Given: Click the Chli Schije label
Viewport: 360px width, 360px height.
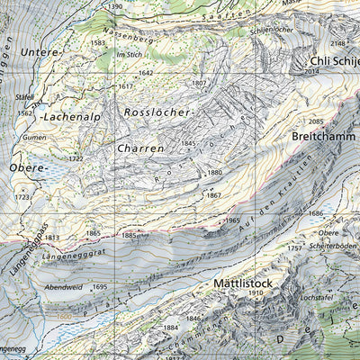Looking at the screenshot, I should (333, 60).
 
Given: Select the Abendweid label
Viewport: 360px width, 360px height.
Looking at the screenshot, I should (60, 288).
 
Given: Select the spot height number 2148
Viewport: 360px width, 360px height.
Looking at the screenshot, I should (337, 42).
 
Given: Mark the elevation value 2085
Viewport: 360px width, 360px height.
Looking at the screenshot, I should (315, 121).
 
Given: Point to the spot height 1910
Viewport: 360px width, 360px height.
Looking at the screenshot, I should (256, 293).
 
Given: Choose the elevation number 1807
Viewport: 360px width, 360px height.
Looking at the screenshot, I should (200, 84).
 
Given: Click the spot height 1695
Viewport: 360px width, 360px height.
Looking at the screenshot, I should (99, 288).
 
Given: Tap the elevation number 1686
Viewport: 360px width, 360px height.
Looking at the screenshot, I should (316, 213).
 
